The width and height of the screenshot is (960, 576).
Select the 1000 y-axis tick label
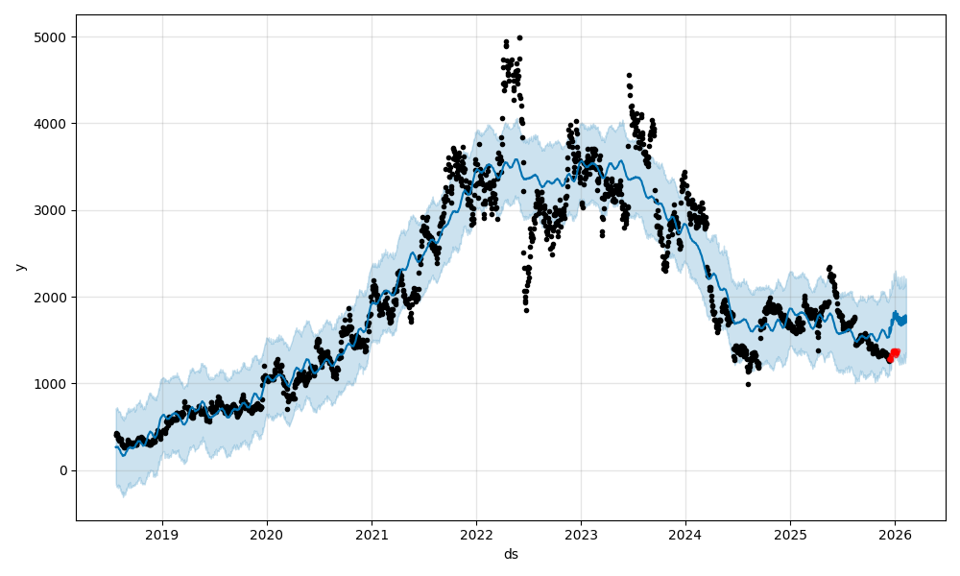coord(54,384)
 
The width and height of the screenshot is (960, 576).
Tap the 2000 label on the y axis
coord(54,297)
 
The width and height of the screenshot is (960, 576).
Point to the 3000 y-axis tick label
coord(54,210)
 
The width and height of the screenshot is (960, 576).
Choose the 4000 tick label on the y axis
coord(54,124)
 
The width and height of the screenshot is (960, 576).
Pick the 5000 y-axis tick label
coord(54,37)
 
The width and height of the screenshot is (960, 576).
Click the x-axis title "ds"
coord(511,554)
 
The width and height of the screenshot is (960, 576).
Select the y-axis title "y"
coord(20,267)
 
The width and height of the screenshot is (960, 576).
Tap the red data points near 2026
coord(894,354)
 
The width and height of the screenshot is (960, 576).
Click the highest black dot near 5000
coord(519,37)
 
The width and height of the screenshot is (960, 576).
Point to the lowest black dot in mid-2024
coord(748,384)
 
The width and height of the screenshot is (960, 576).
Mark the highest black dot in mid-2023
coord(629,75)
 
